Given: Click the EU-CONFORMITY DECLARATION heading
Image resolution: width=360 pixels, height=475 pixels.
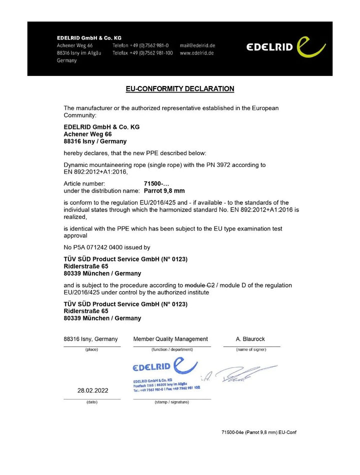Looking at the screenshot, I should [x=179, y=89].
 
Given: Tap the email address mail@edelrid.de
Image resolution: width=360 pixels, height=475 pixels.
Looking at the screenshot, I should [x=197, y=45].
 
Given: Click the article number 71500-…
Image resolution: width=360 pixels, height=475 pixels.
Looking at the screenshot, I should [x=153, y=183].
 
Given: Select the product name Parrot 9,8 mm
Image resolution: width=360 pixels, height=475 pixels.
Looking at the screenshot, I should [x=164, y=190].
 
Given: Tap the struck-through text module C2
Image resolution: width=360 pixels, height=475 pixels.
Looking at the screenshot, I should [x=199, y=285].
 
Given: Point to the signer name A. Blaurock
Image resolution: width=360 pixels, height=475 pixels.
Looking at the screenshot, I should [x=250, y=339].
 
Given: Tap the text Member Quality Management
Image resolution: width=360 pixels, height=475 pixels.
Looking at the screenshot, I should [x=170, y=339].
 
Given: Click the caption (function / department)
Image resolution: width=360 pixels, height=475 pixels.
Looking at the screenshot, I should [x=171, y=349].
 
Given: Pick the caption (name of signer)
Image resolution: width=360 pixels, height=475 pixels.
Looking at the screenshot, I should [x=251, y=349].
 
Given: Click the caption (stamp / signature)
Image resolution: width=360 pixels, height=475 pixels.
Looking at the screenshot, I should [x=171, y=402].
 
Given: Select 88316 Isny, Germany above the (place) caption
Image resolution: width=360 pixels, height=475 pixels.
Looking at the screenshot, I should [x=91, y=339].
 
